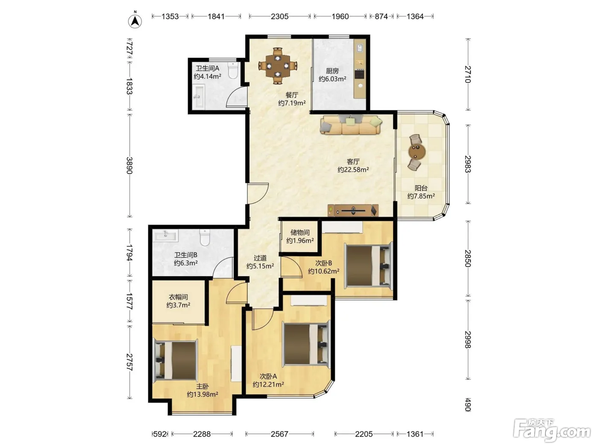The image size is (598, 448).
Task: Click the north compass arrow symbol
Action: pos(135,20)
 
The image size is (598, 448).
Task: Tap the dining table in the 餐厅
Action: pos(278,66)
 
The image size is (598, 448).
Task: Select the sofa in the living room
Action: pos(351,125)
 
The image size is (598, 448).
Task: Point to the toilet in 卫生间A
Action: pos(233,70)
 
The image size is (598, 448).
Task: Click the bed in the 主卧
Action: pos(176,361)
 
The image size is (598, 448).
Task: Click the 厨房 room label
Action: pos(332,71)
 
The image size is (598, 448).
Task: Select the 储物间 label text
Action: pos(300,233)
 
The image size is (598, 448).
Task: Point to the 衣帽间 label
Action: pos(178,297)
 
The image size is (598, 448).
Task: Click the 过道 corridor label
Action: pos(260,258)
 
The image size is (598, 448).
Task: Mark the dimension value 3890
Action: pos(129,166)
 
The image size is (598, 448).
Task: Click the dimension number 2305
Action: pos(279,17)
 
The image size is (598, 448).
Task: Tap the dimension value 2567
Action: pos(279,434)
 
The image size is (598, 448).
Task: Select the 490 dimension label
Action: pos(468,404)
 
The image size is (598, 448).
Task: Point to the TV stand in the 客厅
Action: pos(353,210)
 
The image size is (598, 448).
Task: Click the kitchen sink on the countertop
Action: pos(360,48)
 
